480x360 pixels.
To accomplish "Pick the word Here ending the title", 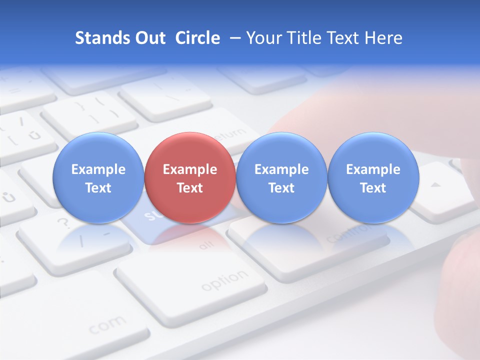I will point(383,38).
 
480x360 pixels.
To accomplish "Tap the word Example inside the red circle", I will point(189,169).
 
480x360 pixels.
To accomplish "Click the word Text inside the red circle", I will point(189,188).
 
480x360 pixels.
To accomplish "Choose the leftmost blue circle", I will point(98,177).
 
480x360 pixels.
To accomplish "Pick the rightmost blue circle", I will point(373,177).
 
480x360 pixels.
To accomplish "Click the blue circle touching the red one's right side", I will point(281,177).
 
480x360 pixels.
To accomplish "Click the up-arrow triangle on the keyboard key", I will point(436,185).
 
